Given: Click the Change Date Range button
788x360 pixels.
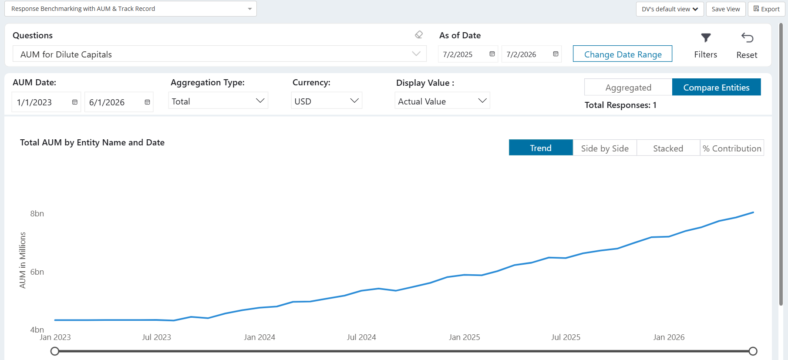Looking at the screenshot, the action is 622,54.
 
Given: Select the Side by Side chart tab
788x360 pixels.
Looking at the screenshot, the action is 605,148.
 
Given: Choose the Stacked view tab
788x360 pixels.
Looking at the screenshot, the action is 668,148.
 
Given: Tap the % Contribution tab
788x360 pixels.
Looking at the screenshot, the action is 732,148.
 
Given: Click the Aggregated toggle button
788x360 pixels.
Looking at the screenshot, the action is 628,87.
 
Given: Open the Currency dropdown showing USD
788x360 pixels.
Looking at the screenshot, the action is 327,101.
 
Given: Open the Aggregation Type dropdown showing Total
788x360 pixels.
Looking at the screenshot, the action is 218,101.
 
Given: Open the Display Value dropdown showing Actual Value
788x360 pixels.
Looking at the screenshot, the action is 442,101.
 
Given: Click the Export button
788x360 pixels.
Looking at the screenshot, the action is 766,9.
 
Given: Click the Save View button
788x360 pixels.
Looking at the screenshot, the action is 726,9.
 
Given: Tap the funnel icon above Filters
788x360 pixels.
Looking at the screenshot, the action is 706,38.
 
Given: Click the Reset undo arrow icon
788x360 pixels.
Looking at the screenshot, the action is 747,38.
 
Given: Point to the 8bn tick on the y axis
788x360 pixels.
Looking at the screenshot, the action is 37,213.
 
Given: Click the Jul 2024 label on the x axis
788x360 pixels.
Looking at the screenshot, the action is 361,337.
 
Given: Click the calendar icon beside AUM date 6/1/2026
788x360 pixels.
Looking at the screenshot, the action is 147,102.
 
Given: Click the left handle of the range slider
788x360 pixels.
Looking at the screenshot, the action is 55,351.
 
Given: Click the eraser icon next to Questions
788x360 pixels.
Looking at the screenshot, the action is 419,34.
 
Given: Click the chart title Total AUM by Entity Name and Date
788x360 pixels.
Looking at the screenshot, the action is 92,142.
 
